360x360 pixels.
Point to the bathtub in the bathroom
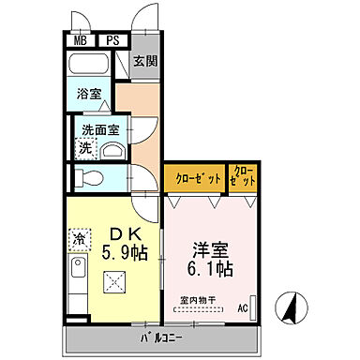point(91,66)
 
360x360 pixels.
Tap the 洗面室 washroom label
point(97,130)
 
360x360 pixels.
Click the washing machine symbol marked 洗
point(85,147)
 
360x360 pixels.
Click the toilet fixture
point(90,177)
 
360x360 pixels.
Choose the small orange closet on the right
point(243,177)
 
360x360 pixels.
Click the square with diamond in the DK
point(114,280)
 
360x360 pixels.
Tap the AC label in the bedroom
point(242,307)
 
